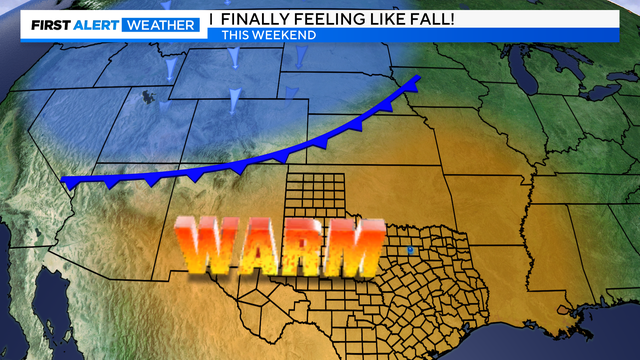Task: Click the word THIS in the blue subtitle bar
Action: click(x=238, y=35)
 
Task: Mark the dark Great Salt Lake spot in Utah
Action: click(x=149, y=97)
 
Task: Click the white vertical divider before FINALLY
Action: click(x=211, y=18)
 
